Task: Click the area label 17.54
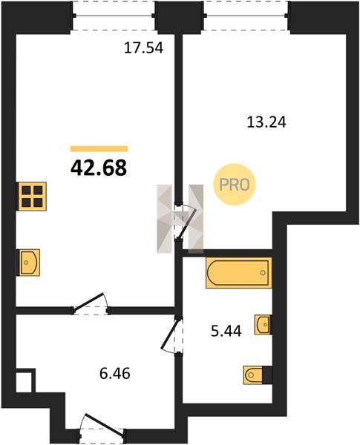coord(144,47)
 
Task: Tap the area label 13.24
coord(266,122)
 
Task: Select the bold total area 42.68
coord(99,168)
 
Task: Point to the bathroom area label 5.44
coord(226,331)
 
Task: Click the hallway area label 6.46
coord(115,374)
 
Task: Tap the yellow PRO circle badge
coord(235,185)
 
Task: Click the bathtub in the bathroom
coord(239,273)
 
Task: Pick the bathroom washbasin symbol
coord(263,324)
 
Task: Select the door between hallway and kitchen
coord(91,304)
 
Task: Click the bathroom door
coord(171,335)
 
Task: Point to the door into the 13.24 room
coord(184,221)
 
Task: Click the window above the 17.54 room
coord(114,16)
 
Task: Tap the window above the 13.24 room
coord(246,16)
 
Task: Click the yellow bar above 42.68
coord(99,149)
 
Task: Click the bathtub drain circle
coord(263,273)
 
